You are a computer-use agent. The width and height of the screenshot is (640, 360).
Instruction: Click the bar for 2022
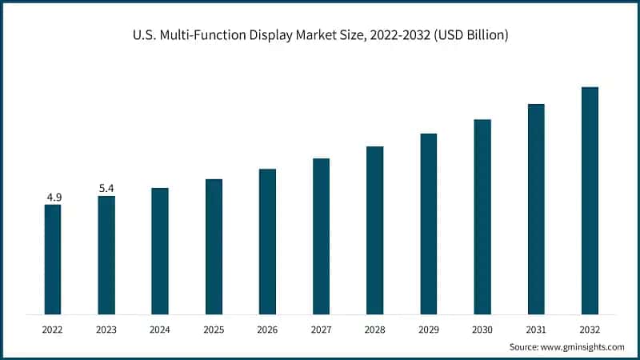click(53, 259)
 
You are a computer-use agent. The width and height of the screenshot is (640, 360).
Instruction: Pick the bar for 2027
click(321, 236)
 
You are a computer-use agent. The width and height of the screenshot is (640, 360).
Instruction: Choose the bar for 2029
click(429, 223)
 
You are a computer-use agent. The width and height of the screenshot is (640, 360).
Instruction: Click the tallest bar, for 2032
click(590, 200)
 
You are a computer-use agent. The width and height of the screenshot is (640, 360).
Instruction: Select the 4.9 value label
click(53, 197)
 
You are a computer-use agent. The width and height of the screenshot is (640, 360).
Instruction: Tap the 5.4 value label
click(106, 188)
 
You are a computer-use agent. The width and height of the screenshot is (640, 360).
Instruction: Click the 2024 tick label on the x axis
click(160, 328)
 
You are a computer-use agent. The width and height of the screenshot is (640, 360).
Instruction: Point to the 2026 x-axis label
click(267, 328)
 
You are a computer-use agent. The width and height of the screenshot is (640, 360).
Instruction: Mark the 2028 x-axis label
click(374, 328)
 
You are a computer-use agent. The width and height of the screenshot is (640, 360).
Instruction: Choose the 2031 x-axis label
click(536, 328)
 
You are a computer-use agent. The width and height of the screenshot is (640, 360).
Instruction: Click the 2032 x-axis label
click(590, 328)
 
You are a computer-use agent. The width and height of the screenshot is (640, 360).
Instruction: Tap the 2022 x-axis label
click(53, 328)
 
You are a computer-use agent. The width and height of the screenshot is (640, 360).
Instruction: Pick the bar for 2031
click(536, 209)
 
